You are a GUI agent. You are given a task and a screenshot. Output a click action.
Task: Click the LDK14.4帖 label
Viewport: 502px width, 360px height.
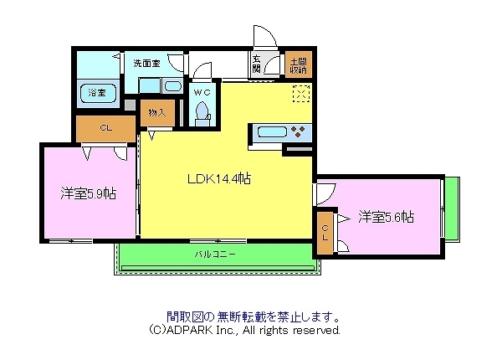point(218,178)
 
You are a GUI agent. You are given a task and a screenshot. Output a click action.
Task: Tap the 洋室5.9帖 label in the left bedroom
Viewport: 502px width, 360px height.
point(88,193)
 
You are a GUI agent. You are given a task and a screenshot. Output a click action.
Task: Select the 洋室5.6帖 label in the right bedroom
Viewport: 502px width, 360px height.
point(386,217)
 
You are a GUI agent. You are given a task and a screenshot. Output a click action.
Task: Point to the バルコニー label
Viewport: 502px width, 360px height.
point(215,252)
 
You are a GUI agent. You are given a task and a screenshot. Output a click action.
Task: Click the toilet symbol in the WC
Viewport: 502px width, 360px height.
point(201,113)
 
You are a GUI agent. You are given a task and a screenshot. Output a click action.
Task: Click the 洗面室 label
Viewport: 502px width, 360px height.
point(146,63)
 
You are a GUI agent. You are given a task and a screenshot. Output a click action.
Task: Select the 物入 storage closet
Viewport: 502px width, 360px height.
point(156,112)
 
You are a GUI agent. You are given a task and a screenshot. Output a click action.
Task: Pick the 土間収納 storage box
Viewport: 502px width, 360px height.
point(297,65)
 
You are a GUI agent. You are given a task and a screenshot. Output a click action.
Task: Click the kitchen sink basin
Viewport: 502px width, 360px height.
point(270,131)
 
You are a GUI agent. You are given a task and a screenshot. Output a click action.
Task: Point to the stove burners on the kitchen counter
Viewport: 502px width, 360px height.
point(298,131)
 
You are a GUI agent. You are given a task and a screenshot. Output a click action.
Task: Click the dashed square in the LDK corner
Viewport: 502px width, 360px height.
point(301,94)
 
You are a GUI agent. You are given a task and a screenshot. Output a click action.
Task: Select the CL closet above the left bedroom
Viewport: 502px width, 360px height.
point(105,128)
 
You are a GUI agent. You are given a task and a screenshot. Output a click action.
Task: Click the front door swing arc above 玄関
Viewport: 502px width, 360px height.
point(264,38)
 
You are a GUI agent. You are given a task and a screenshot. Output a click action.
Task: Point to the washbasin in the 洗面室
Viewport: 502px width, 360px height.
point(173,85)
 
